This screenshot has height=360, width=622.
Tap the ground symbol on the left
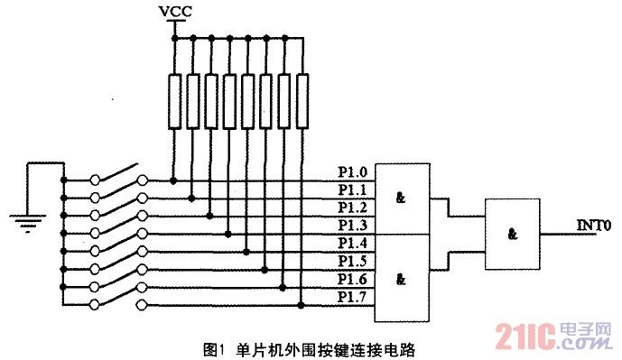point(26,217)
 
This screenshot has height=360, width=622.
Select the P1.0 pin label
point(352,172)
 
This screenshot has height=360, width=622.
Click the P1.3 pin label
point(352,225)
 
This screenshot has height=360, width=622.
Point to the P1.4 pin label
point(352,243)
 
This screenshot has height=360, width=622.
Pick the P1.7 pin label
point(352,296)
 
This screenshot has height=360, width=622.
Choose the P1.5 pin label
point(352,261)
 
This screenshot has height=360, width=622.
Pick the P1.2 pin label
point(352,208)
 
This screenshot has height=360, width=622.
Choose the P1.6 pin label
point(352,279)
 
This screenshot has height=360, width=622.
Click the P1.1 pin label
point(352,190)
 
